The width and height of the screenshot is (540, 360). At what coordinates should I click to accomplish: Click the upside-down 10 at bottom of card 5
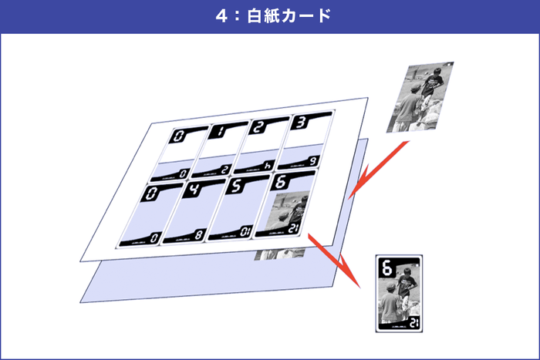tap(245, 230)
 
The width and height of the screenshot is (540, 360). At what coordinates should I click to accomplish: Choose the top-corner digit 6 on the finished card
tap(386, 269)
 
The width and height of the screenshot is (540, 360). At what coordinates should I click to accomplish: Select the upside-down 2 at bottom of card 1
tap(224, 170)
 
